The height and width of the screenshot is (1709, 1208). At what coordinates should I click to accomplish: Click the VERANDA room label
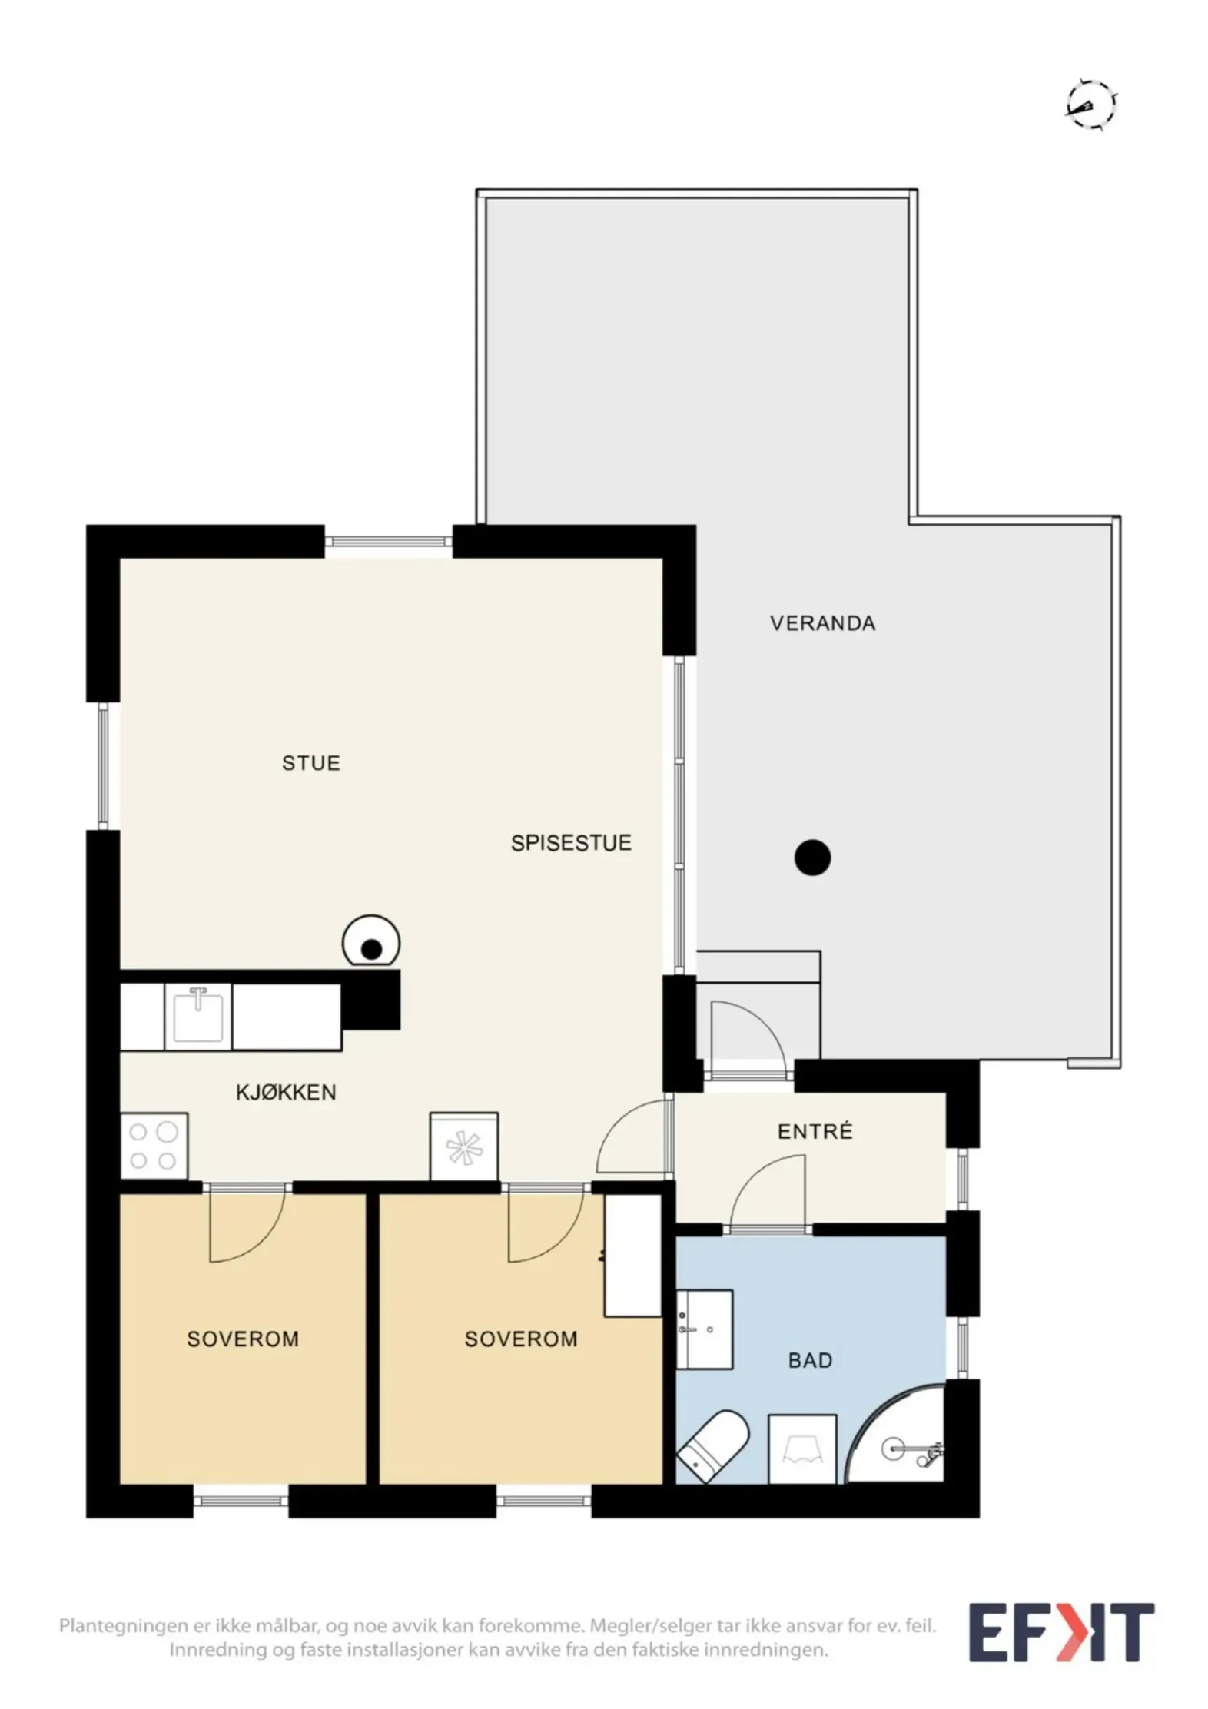click(822, 623)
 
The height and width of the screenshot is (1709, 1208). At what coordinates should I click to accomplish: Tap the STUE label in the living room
click(310, 763)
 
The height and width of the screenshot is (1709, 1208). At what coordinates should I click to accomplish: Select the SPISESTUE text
click(571, 843)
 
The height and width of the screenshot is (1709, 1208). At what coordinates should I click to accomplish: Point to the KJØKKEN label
click(286, 1093)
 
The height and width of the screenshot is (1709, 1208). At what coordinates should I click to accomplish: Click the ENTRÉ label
click(815, 1131)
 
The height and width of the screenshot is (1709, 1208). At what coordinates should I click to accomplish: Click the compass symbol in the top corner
click(1090, 103)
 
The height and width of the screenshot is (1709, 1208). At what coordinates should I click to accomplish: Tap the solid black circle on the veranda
click(812, 858)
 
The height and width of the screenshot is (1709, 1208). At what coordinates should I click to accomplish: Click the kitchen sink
click(198, 1016)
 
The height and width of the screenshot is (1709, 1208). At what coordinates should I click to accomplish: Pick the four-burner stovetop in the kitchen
click(154, 1145)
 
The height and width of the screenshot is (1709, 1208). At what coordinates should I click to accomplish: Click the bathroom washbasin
click(704, 1329)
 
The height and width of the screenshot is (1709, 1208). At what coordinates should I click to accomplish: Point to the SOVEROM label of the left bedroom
click(243, 1339)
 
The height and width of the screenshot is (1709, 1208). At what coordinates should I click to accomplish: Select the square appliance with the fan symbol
click(463, 1146)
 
